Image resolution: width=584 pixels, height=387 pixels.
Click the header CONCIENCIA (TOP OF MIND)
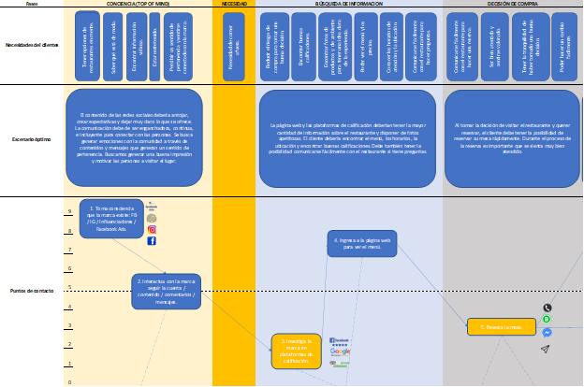pos(138,5)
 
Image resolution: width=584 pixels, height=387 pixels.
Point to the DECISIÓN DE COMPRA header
pos(512,5)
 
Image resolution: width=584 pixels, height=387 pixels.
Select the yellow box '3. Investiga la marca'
pos(296,351)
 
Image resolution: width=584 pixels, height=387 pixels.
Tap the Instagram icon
pos(152,229)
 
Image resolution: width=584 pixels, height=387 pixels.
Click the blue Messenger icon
pos(547,332)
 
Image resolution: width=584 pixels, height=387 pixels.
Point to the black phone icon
pos(547,308)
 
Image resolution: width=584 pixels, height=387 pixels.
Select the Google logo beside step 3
pos(339,351)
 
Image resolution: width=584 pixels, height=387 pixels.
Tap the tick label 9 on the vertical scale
pos(68,212)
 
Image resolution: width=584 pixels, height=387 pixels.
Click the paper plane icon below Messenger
pos(546,348)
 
